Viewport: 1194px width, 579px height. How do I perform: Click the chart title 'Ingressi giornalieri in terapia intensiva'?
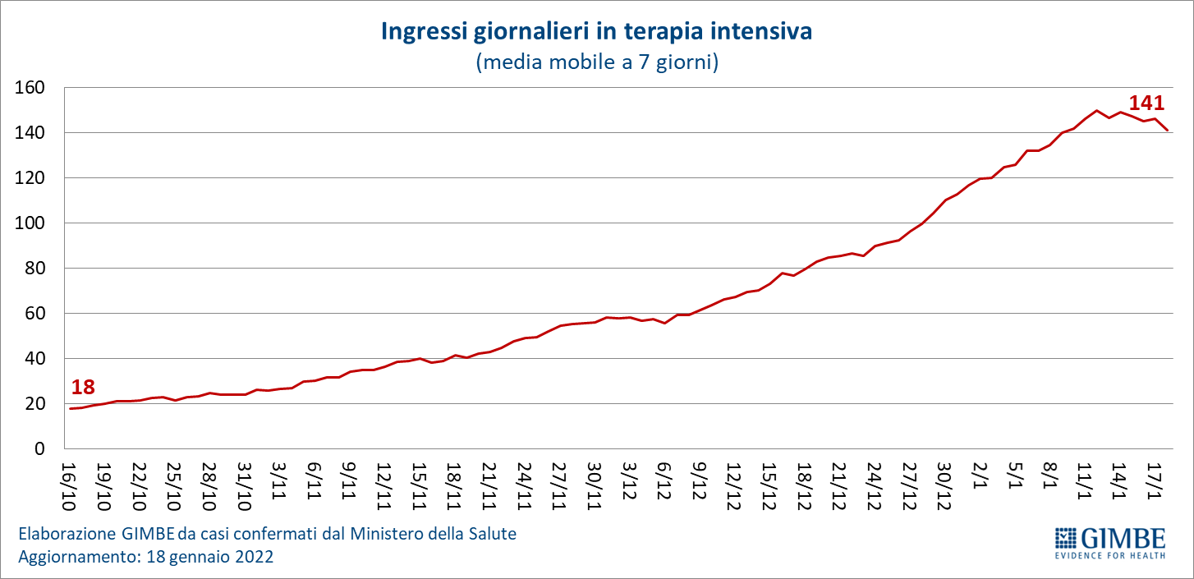[596, 32]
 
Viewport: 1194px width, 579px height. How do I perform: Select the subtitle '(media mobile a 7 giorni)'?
[596, 62]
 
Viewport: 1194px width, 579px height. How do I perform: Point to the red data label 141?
[1146, 103]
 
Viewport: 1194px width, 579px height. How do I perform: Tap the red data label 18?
[83, 388]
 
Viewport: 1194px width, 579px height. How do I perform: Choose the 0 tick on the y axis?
[39, 449]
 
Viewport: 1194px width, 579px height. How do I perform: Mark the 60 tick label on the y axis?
[34, 314]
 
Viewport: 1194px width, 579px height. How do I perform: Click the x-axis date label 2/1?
[979, 476]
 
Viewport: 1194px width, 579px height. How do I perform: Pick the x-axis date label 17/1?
[1153, 478]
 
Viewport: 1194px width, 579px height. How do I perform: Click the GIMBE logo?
[1109, 539]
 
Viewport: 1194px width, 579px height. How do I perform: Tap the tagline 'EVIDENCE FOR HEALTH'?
[1109, 556]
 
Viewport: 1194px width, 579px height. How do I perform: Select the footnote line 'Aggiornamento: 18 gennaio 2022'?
[146, 557]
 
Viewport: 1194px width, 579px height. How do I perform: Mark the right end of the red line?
[1167, 130]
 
